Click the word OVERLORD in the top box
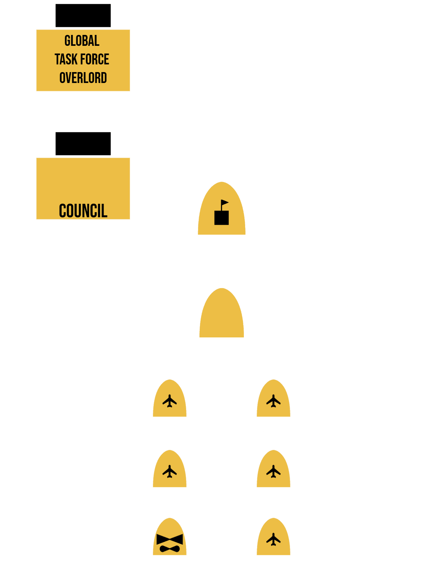click(83, 78)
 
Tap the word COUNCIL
click(83, 211)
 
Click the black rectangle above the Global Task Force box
click(83, 15)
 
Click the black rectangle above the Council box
click(83, 144)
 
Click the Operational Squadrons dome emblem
click(221, 316)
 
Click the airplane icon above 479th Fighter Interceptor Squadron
click(170, 401)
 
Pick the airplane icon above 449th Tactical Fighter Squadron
click(273, 401)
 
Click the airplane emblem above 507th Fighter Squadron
click(273, 471)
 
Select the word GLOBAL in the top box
click(82, 41)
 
